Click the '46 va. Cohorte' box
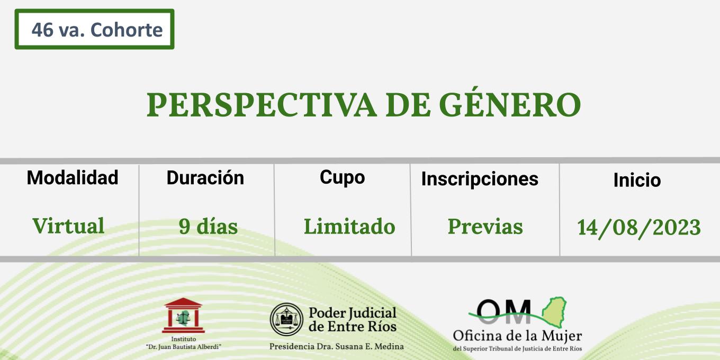(94, 29)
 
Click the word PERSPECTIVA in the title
(262, 105)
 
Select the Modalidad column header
(73, 177)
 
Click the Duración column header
(205, 177)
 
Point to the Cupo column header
(343, 178)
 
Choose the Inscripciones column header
(480, 179)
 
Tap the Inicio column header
(637, 179)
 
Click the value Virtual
(68, 226)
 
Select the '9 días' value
(208, 226)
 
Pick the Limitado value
(349, 226)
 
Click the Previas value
(485, 226)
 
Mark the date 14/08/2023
(638, 228)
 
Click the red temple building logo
(183, 316)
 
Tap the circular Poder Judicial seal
(286, 319)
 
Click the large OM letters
(503, 311)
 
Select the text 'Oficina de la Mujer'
(517, 336)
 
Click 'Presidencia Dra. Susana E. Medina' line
(337, 346)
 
